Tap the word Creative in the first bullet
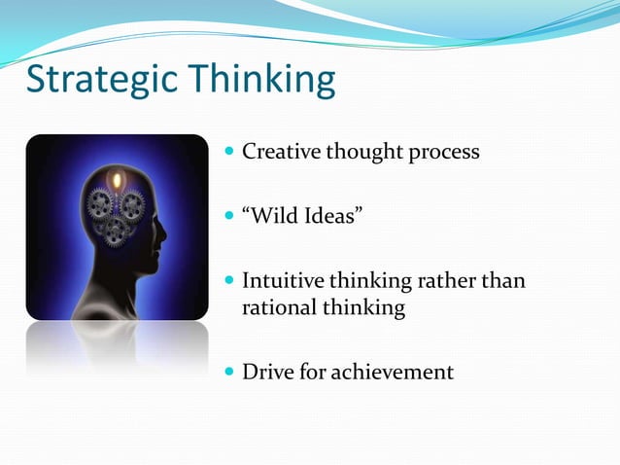pos(278,152)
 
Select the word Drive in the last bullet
pos(266,371)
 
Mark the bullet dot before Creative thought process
pos(228,153)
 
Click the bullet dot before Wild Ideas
pos(228,213)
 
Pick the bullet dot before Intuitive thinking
pos(228,282)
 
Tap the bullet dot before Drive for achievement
pos(228,372)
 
